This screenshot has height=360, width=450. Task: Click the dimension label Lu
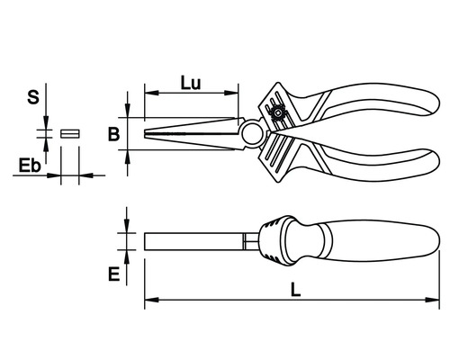point(191,83)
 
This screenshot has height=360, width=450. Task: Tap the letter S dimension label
point(33,97)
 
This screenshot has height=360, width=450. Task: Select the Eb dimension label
point(30,166)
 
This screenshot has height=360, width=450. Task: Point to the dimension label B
point(113,134)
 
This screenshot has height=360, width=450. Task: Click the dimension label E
point(113,274)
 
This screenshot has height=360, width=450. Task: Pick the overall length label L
point(295,290)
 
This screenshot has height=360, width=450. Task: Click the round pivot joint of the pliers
point(251,134)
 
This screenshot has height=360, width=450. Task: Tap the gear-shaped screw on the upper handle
point(277,113)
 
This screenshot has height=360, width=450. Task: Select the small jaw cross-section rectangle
point(70,133)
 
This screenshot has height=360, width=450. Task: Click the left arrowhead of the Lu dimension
point(151,93)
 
